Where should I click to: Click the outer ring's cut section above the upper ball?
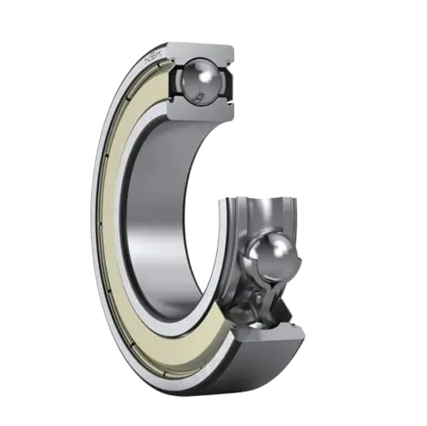click(x=201, y=51)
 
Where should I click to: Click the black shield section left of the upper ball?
click(x=174, y=82)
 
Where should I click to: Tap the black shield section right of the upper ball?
click(x=229, y=83)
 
